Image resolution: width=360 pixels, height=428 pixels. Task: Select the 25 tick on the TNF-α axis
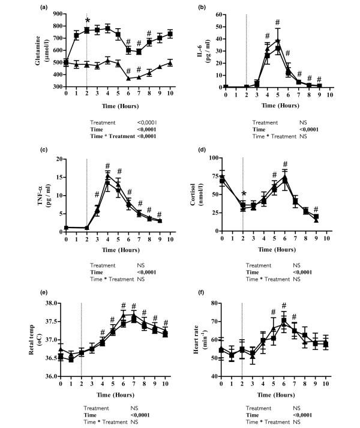pos(53,159)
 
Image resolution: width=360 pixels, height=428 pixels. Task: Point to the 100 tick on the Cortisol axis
pos(212,159)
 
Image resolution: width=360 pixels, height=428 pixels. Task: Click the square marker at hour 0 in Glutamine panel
pos(60,62)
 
